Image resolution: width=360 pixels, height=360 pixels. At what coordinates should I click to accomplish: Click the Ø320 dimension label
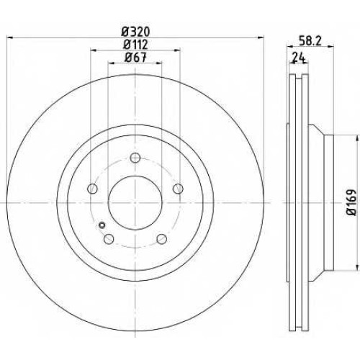tap(135, 32)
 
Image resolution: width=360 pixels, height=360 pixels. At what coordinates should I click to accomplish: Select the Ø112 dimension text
tap(135, 45)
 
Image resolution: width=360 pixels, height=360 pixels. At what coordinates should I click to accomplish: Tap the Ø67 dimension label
tap(135, 57)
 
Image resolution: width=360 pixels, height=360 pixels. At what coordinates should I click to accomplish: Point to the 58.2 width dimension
tap(310, 41)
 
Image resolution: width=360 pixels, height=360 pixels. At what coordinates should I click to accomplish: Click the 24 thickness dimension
tap(299, 58)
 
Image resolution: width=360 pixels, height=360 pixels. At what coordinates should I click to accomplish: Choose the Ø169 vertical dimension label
tap(352, 202)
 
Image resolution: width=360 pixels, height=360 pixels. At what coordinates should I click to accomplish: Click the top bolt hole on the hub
tap(135, 158)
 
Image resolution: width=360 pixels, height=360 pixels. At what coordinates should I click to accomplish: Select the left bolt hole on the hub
tap(92, 189)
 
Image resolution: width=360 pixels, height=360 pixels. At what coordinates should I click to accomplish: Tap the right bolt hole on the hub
tap(178, 189)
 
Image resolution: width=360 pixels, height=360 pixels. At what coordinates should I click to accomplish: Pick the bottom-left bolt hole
tap(109, 238)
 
